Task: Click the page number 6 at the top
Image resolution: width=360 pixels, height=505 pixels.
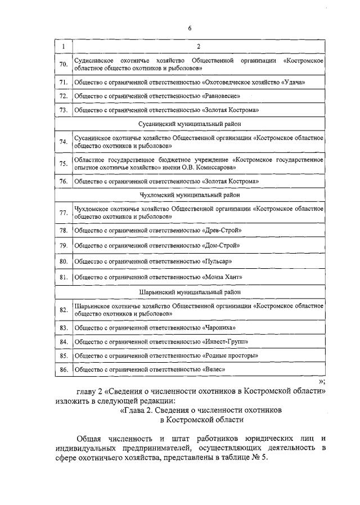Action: [190, 28]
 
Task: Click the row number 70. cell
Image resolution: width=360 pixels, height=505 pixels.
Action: [64, 64]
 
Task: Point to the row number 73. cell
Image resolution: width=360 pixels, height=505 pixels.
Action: [64, 110]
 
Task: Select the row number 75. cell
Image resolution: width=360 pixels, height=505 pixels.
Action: [64, 164]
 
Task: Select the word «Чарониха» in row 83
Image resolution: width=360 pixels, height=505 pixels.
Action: [219, 328]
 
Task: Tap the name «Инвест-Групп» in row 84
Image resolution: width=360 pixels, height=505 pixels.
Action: [225, 342]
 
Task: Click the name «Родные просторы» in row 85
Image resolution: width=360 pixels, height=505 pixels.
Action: [230, 356]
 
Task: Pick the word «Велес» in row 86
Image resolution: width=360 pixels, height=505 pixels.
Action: [213, 370]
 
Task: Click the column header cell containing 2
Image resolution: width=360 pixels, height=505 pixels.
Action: [198, 46]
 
